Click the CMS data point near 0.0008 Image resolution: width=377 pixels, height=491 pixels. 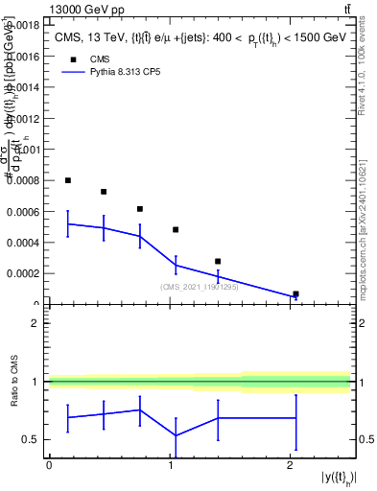[68, 180]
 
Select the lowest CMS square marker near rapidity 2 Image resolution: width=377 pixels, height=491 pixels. [295, 293]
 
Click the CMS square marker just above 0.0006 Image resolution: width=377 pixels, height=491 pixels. [140, 209]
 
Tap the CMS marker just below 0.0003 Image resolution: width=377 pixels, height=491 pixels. [218, 261]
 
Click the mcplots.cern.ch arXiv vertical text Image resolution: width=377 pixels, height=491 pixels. [368, 225]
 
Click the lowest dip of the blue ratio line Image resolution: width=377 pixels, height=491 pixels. [176, 435]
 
